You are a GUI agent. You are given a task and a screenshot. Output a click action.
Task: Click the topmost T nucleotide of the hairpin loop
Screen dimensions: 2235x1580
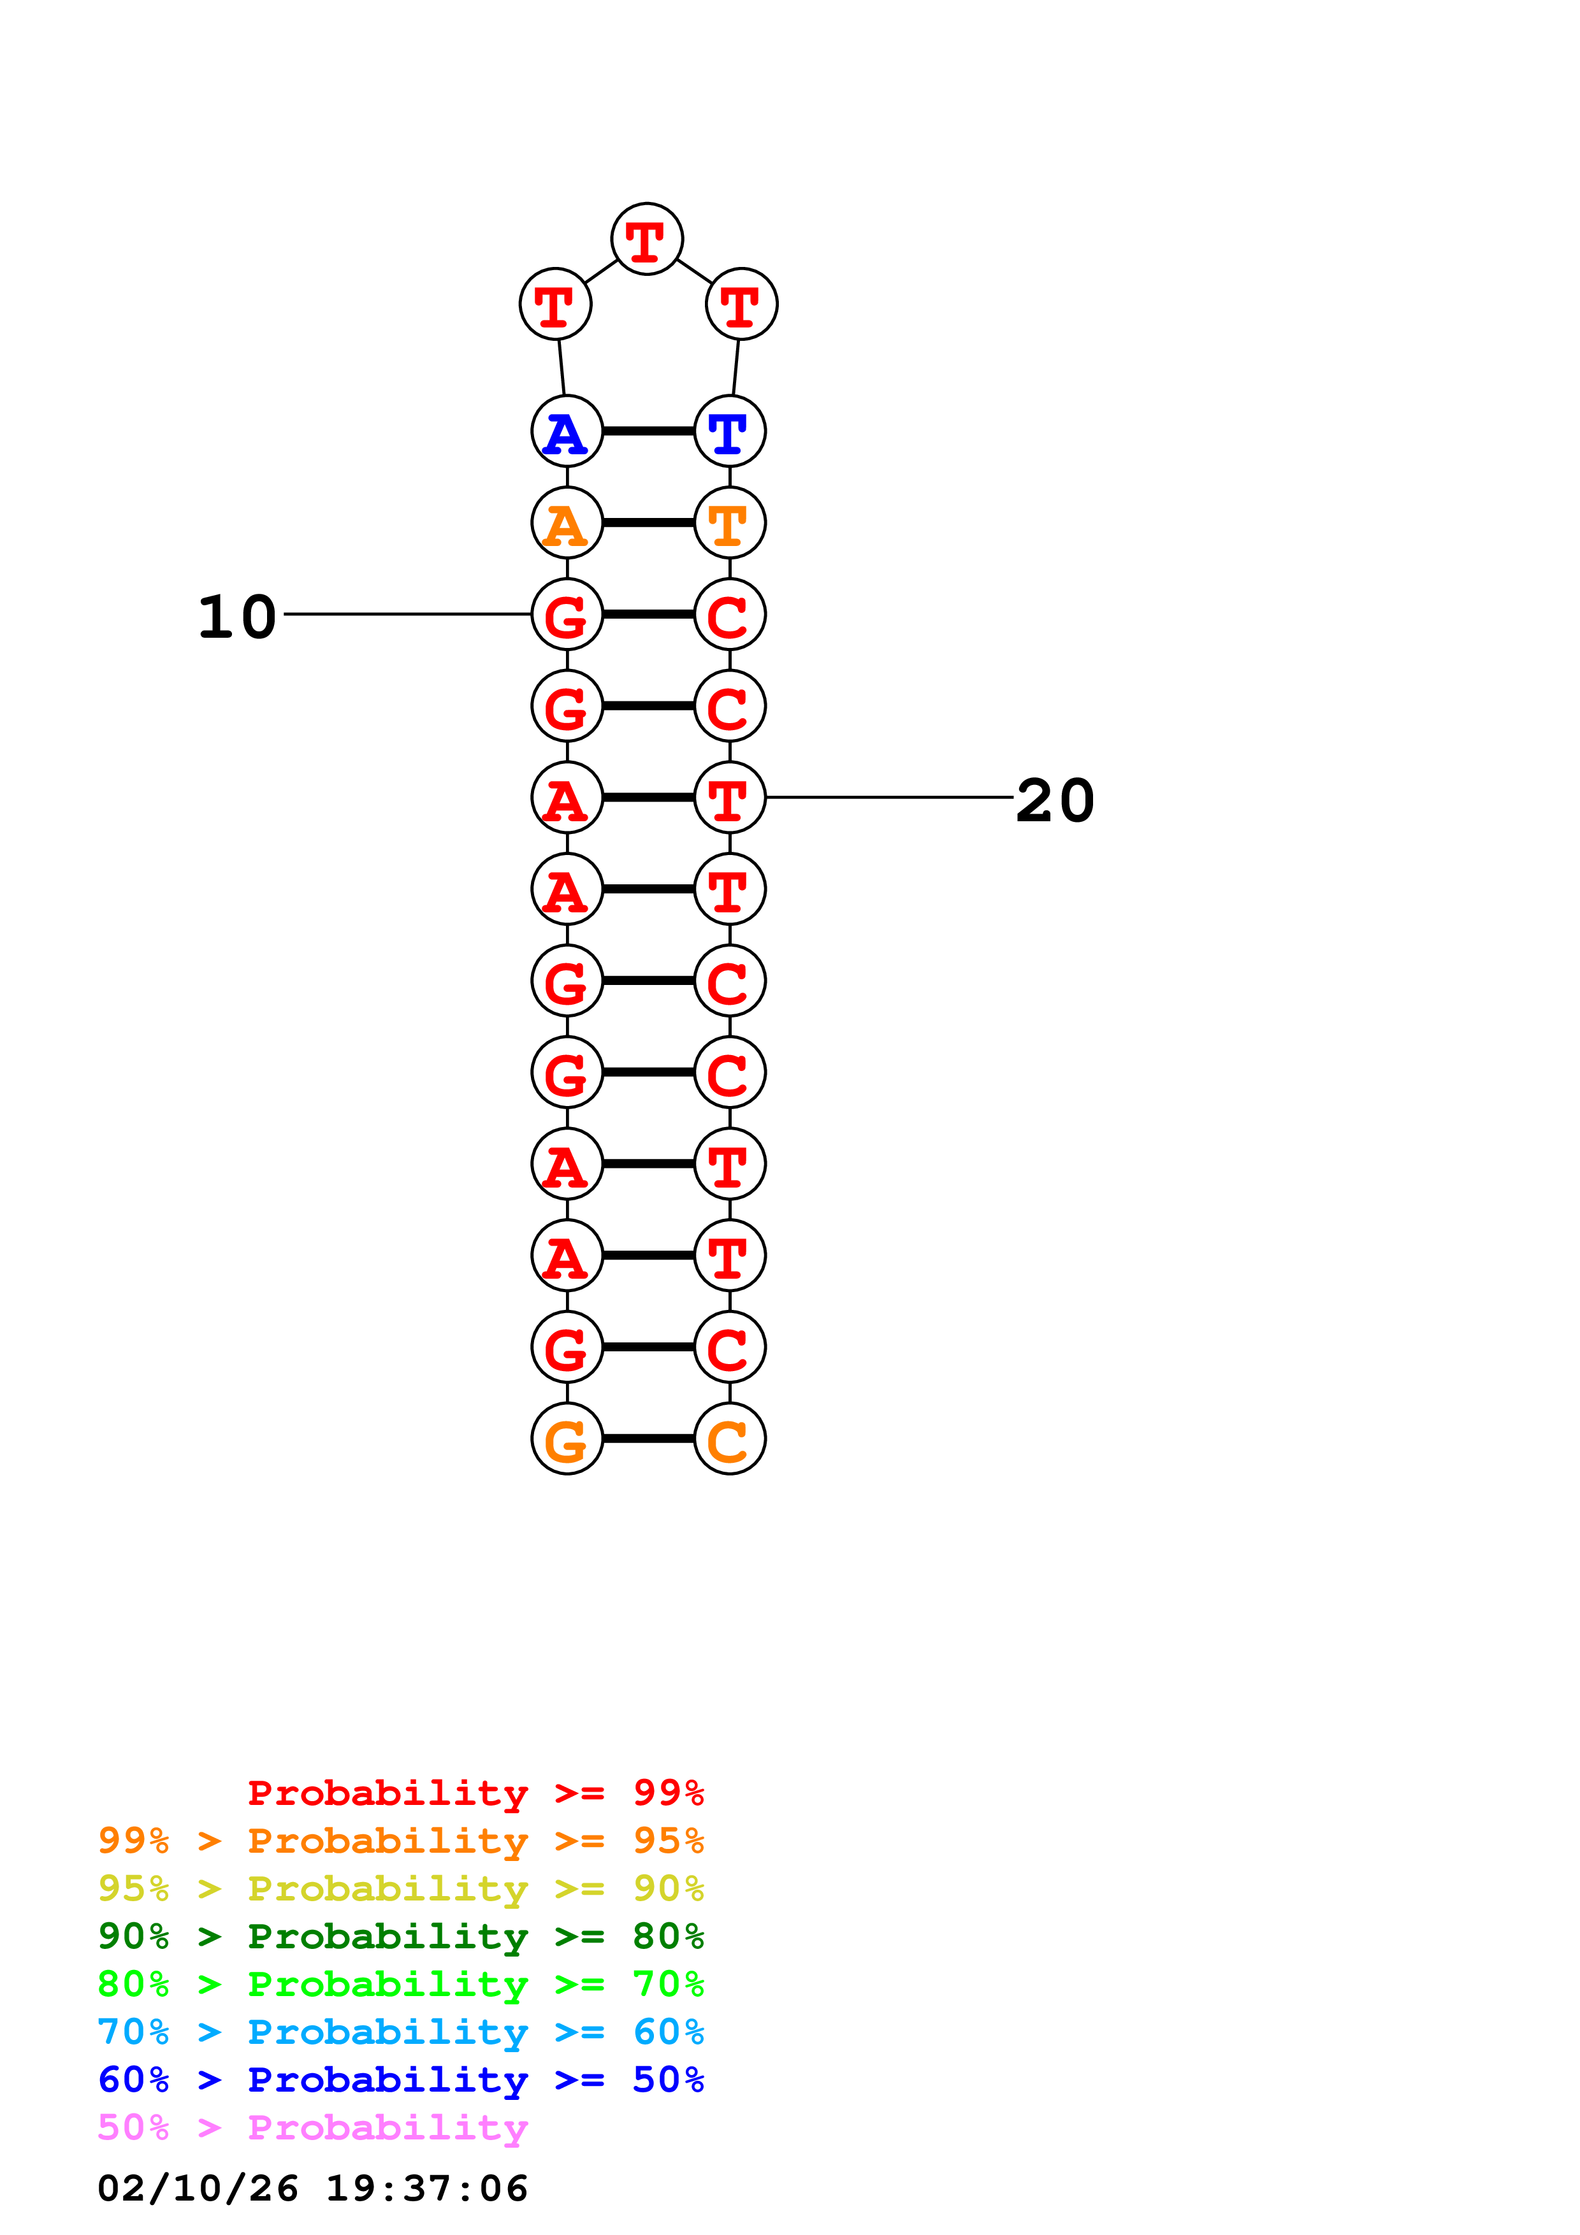(x=646, y=240)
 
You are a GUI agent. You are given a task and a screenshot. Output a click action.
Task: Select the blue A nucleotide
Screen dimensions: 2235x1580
(x=567, y=431)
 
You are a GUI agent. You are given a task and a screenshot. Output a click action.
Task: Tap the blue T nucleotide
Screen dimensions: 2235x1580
(x=729, y=431)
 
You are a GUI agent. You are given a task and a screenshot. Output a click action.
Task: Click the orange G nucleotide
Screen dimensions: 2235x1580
(x=567, y=1439)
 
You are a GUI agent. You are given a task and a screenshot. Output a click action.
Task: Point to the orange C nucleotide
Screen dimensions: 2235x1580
(x=729, y=1439)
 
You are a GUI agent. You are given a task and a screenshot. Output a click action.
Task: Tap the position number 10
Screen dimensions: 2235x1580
(x=236, y=617)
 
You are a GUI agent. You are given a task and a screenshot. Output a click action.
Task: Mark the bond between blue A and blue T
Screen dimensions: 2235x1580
(x=648, y=431)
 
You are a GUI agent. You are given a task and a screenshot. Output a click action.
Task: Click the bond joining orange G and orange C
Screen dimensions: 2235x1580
(x=648, y=1439)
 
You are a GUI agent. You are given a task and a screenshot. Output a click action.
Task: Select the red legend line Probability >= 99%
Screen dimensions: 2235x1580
(x=475, y=1793)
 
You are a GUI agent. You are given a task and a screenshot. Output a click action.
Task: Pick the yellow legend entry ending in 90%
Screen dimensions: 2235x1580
(x=401, y=1890)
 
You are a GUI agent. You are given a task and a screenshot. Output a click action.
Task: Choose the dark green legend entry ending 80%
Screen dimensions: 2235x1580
(x=401, y=1937)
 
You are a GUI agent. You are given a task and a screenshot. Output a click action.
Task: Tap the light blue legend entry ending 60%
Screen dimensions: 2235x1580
(x=401, y=2032)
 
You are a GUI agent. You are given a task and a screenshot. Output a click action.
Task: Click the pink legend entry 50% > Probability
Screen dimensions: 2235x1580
(x=312, y=2128)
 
